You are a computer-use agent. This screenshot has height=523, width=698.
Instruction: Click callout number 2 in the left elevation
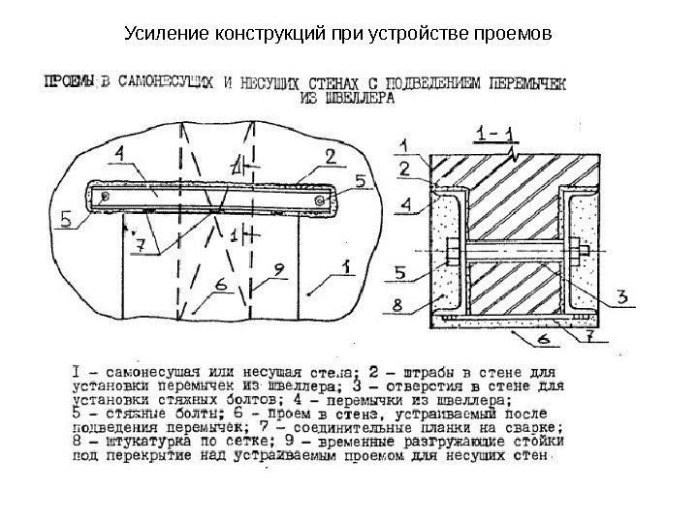pyautogui.click(x=330, y=153)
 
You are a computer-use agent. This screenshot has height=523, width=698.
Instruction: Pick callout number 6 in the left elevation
pyautogui.click(x=222, y=284)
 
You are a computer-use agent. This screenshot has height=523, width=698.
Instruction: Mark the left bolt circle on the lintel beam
pyautogui.click(x=105, y=198)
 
